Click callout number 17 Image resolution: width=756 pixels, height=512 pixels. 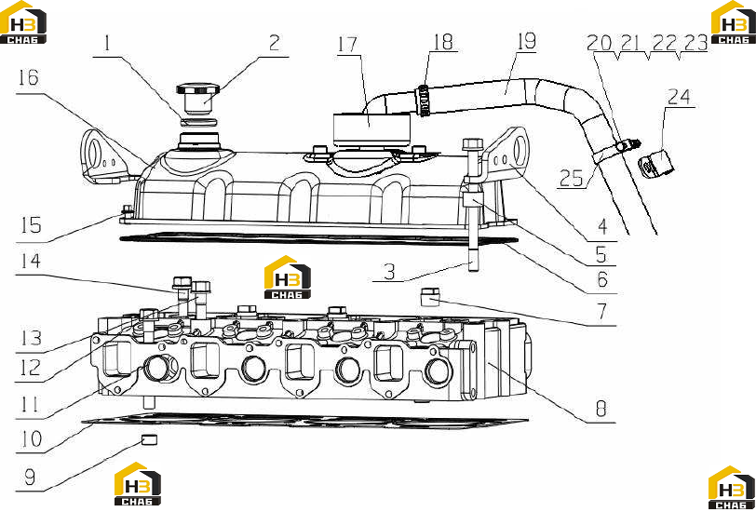(x=347, y=44)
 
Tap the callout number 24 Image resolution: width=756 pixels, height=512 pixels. (x=679, y=97)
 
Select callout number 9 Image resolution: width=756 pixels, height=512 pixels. (x=30, y=478)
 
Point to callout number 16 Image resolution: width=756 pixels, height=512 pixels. (x=28, y=77)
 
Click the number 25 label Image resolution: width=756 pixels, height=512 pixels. (x=572, y=179)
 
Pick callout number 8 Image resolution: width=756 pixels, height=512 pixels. (x=601, y=409)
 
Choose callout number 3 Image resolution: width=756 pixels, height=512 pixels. (x=389, y=273)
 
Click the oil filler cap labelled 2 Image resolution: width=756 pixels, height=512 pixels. (x=198, y=98)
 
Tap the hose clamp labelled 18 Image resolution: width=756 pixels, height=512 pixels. (x=423, y=101)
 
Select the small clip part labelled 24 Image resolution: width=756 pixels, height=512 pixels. (x=655, y=163)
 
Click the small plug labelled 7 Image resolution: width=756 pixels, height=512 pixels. (x=430, y=297)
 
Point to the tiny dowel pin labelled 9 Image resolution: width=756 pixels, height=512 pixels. (x=150, y=439)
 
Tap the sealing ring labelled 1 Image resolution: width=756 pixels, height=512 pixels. (x=198, y=121)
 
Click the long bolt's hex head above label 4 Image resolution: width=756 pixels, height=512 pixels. (x=473, y=144)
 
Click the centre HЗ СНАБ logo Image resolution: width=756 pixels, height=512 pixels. (x=288, y=276)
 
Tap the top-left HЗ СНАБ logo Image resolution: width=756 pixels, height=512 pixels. (x=23, y=22)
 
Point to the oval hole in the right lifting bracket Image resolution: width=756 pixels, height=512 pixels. (x=520, y=149)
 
